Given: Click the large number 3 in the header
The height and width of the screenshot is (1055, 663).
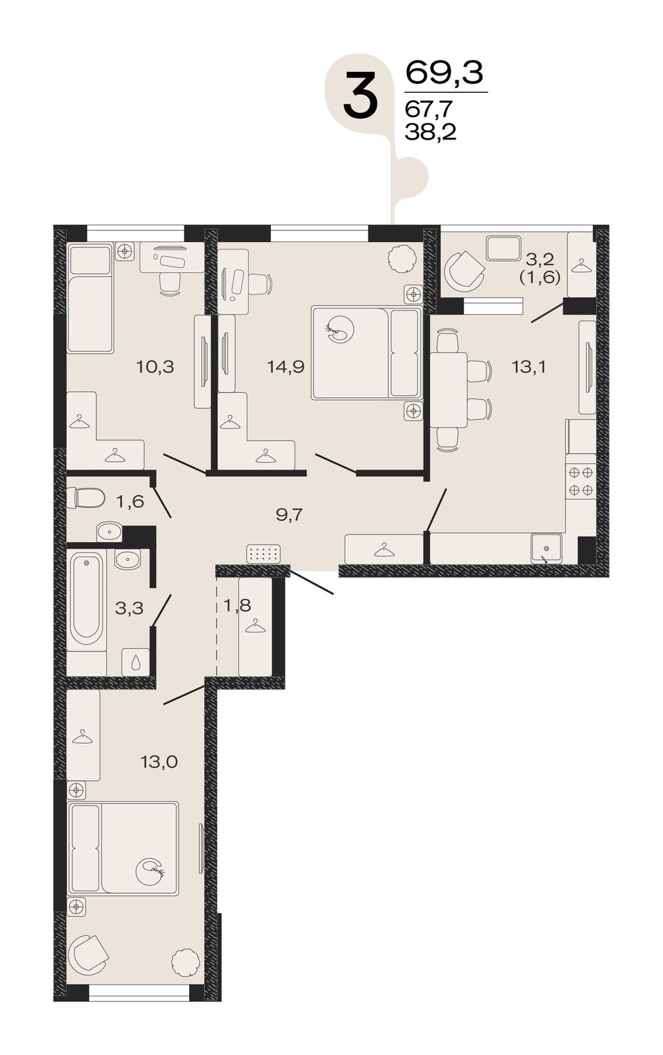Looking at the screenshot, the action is click(x=361, y=95).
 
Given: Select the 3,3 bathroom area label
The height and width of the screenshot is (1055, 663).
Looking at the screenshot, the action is click(x=129, y=608).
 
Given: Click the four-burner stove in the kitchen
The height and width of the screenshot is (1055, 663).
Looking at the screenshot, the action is click(x=581, y=480).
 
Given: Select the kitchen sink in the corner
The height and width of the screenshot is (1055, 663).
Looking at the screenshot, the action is click(x=546, y=548).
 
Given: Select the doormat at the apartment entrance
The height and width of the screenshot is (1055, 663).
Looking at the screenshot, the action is click(x=263, y=553).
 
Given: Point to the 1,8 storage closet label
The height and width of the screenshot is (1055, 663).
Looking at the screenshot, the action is click(x=237, y=606).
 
